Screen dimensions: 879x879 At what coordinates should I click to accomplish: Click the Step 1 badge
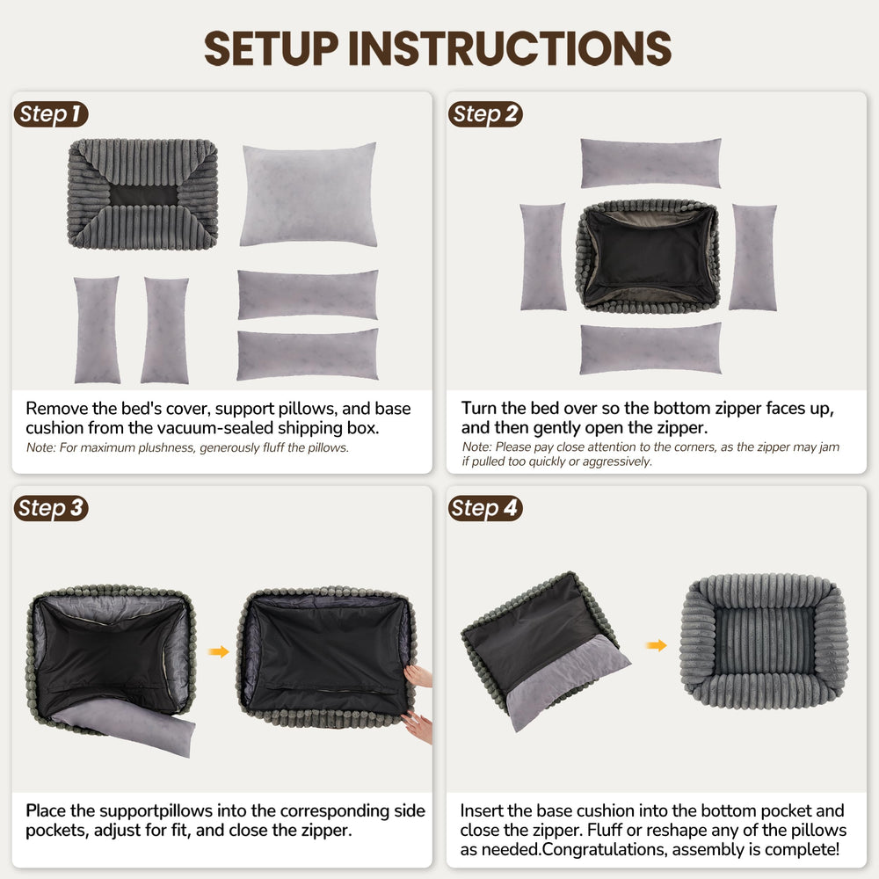coord(51,114)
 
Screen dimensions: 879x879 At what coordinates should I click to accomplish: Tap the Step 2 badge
coord(485,114)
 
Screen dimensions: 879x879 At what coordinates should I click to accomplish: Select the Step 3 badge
coord(51,508)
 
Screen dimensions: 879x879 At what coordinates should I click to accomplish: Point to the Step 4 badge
coord(485,508)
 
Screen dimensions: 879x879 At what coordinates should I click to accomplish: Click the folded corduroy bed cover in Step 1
coord(142,193)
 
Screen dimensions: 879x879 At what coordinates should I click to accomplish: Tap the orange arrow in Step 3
coord(219,651)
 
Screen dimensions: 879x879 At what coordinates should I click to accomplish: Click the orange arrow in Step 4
coord(656,645)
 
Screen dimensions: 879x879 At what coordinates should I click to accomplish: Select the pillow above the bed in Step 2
coord(650,163)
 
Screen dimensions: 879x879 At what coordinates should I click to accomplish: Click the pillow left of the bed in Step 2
coord(542,257)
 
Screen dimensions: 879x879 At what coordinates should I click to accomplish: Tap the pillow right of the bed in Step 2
coord(752,257)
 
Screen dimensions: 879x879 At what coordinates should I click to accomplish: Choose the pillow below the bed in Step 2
coord(650,349)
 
